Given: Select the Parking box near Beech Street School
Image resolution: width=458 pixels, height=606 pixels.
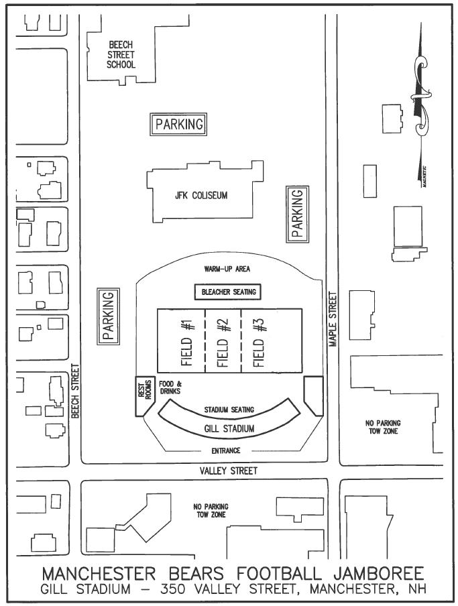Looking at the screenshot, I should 178,125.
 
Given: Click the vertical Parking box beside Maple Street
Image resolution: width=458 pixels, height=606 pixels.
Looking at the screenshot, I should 298,213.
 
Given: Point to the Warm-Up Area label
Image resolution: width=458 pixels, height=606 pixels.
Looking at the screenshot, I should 227,269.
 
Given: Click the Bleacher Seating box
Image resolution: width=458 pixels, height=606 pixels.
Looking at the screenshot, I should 226,292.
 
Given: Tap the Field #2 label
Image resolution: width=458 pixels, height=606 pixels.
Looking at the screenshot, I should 224,340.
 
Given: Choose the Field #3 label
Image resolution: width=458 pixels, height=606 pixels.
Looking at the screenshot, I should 261,340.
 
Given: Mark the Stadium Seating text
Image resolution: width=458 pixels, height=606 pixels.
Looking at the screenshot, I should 227,410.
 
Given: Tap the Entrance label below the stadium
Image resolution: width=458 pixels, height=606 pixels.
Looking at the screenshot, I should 225,450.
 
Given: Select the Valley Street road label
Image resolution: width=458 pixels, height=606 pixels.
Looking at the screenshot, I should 228,471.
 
